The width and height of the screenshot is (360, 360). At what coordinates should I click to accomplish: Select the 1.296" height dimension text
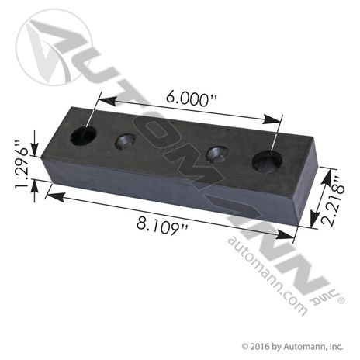pyautogui.click(x=21, y=163)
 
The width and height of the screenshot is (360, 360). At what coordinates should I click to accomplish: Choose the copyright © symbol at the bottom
pyautogui.click(x=245, y=346)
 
